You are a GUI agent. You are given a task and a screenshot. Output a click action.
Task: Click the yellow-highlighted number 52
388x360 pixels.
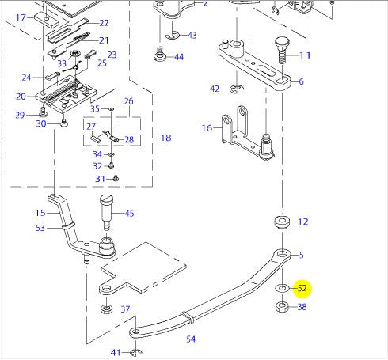302,288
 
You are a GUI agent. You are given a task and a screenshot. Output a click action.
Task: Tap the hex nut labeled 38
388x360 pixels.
282,307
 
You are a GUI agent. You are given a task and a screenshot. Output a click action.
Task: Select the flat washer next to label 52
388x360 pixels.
282,288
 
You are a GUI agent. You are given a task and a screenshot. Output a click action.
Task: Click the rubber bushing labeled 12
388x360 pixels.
282,222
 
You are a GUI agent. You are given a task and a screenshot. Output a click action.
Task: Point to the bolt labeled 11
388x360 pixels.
282,50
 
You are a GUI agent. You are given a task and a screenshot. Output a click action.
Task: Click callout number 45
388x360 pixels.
129,213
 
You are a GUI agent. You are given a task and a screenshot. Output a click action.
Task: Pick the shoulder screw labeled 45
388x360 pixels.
107,212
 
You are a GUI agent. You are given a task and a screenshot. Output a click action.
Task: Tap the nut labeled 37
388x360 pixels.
107,309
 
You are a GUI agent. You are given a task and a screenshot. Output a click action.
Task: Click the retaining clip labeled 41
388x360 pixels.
136,352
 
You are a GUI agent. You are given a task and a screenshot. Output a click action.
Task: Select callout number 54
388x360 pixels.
191,339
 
